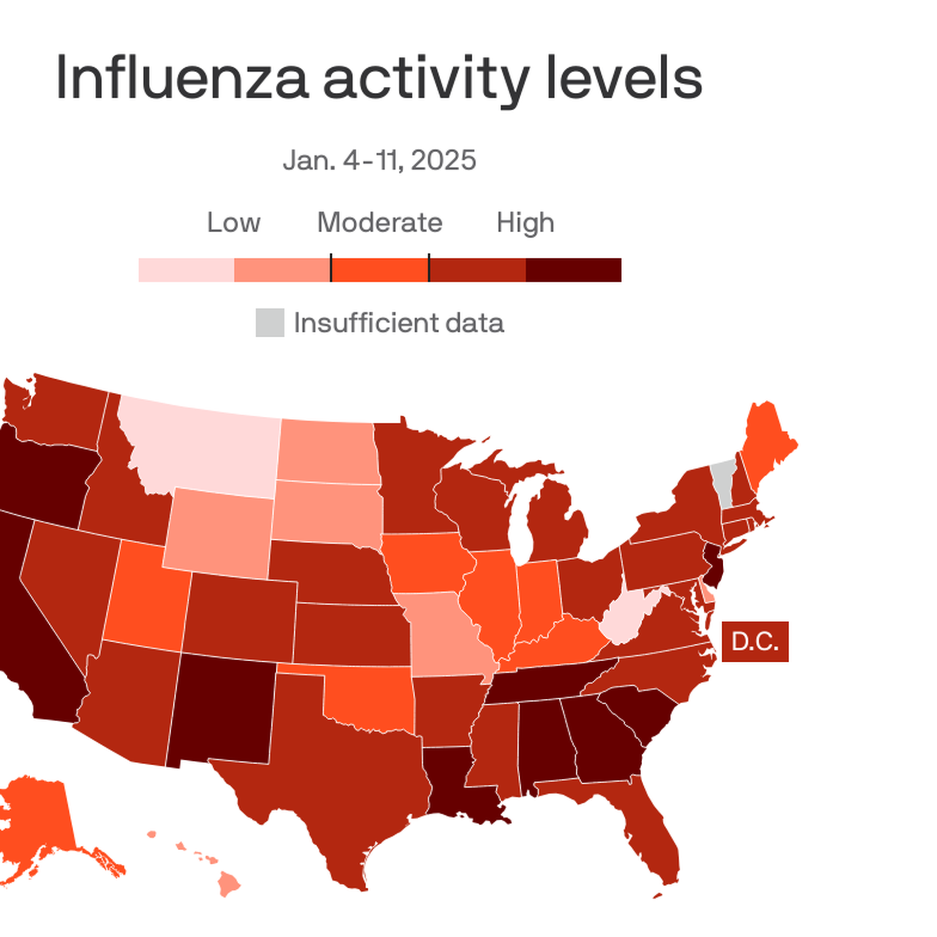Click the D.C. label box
[x=754, y=641]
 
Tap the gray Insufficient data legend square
[x=269, y=322]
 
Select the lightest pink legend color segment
[x=186, y=270]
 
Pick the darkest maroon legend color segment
[x=573, y=270]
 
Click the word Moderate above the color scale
[x=380, y=223]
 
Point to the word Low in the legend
[x=233, y=223]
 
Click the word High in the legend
[x=525, y=223]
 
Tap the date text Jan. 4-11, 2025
[x=379, y=160]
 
